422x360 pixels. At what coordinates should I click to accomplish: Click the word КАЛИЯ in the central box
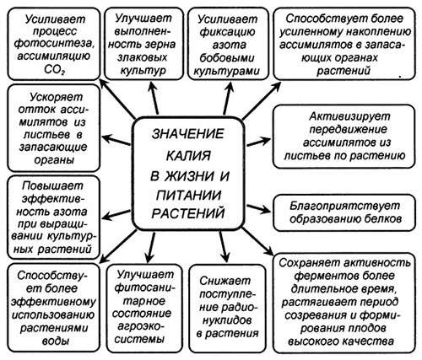[x=188, y=155]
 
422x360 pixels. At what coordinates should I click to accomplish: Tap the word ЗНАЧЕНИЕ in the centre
[x=188, y=134]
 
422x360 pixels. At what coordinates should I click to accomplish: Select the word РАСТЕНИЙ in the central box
[x=188, y=212]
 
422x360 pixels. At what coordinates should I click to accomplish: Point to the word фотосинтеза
[x=53, y=44]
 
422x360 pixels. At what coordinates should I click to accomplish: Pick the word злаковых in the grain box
[x=143, y=57]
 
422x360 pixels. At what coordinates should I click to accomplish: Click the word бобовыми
[x=227, y=58]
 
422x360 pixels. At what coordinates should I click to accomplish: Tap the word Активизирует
[x=349, y=116]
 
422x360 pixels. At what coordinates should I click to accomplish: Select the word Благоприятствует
[x=344, y=206]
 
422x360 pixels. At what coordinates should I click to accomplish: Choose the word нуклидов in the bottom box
[x=227, y=320]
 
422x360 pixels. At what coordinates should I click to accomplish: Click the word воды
[x=56, y=341]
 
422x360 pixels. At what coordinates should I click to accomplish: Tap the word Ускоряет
[x=56, y=97]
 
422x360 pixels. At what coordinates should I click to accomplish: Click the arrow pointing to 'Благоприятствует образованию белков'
[x=258, y=209]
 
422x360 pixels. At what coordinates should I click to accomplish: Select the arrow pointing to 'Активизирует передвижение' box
[x=258, y=142]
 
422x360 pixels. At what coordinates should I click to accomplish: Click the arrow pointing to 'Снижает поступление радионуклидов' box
[x=225, y=246]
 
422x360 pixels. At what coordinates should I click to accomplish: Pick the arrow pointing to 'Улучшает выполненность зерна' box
[x=154, y=98]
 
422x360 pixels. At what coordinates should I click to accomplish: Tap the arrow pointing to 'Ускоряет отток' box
[x=116, y=140]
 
